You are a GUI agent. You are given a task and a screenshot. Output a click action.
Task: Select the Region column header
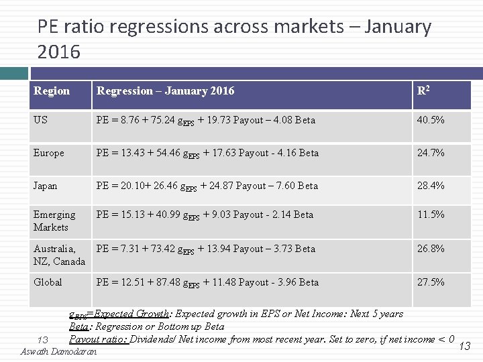[x=52, y=91]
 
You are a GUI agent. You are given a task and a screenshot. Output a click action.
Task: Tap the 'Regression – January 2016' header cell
[x=166, y=91]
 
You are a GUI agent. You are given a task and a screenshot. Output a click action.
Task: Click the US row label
[x=42, y=120]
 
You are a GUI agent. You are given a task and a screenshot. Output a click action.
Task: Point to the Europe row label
[x=49, y=153]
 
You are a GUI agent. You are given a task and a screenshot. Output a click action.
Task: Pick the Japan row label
[x=46, y=186]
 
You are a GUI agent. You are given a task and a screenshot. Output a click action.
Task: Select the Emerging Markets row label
[x=54, y=221]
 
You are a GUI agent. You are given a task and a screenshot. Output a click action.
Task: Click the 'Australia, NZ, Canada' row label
[x=59, y=255]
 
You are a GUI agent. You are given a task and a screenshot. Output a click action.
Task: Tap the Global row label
[x=48, y=282]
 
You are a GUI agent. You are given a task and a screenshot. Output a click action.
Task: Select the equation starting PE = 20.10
[x=207, y=186]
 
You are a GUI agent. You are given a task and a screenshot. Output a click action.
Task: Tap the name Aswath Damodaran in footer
[x=59, y=351]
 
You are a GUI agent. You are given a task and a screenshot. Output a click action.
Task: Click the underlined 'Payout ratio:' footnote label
[x=98, y=339]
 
